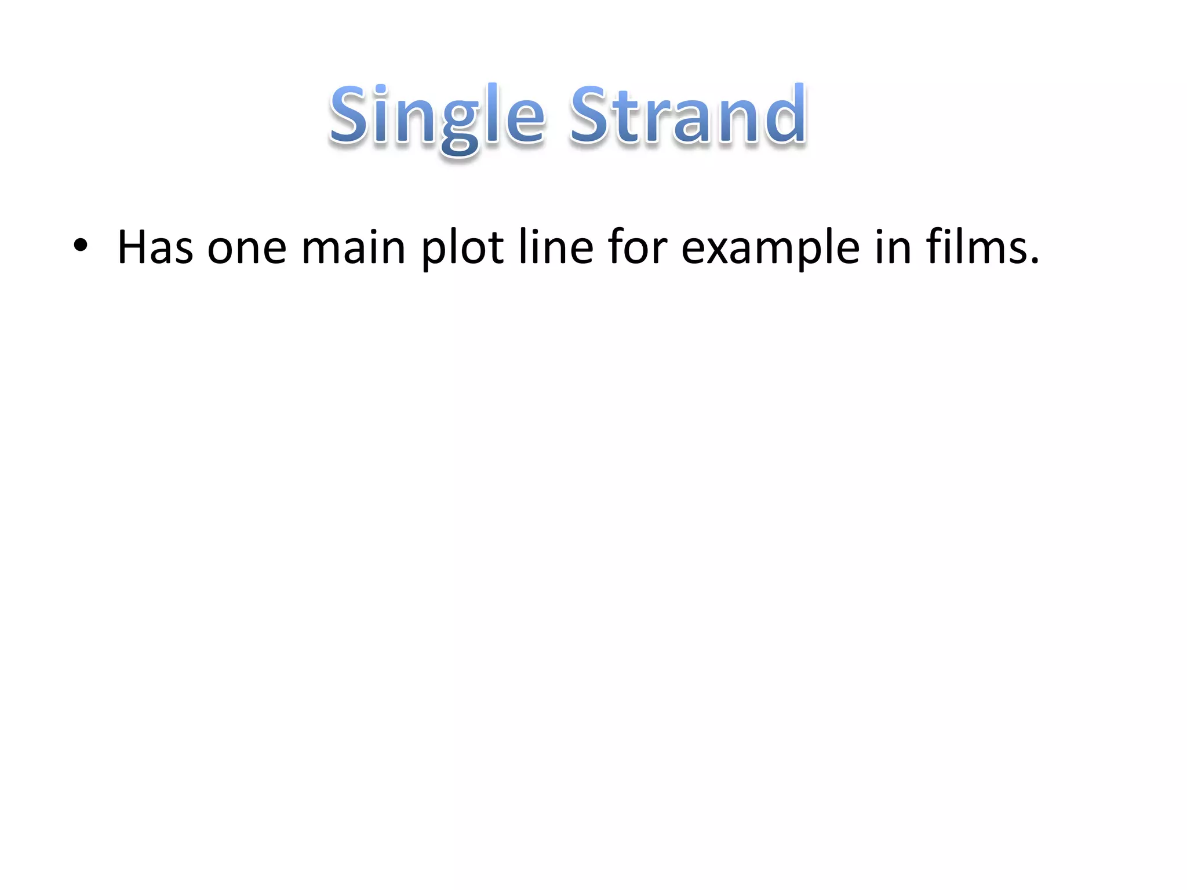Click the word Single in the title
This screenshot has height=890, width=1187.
(x=437, y=116)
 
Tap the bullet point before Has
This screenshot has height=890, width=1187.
(x=81, y=246)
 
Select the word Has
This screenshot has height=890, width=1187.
(x=155, y=247)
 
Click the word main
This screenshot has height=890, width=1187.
(x=353, y=247)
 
